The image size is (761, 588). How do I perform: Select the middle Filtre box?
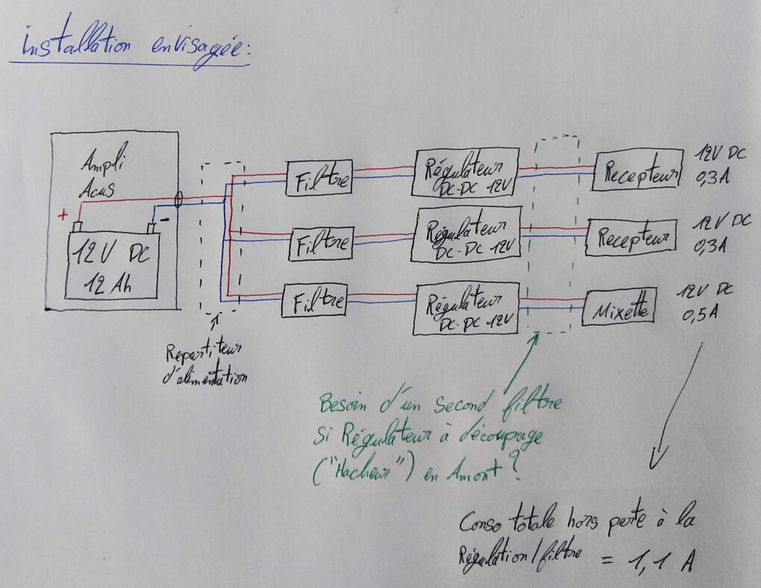point(319,242)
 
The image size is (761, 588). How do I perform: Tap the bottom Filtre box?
point(315,302)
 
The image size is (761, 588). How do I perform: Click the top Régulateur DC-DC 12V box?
point(466,173)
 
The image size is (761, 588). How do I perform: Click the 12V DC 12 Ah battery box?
point(113,265)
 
